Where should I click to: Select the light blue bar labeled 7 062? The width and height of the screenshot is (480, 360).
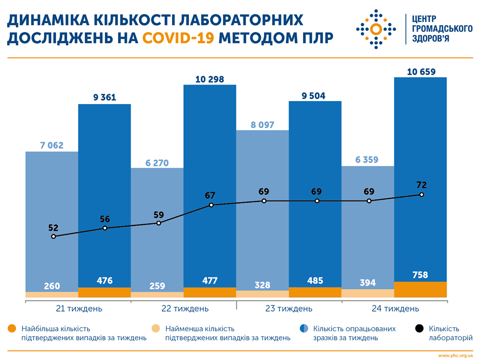click(52, 200)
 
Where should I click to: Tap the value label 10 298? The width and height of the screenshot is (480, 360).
click(209, 79)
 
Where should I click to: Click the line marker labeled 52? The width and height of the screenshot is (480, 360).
click(53, 236)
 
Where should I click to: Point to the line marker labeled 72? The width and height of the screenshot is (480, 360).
click(421, 194)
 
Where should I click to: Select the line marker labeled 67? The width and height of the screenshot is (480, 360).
click(211, 205)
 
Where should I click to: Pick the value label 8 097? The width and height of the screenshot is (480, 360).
click(262, 124)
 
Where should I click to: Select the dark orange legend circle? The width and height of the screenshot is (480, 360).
click(12, 328)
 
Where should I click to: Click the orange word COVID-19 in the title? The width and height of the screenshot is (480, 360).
click(178, 37)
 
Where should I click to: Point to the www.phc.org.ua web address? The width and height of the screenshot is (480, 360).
click(456, 355)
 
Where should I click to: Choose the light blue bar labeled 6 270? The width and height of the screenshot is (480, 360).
click(157, 225)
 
